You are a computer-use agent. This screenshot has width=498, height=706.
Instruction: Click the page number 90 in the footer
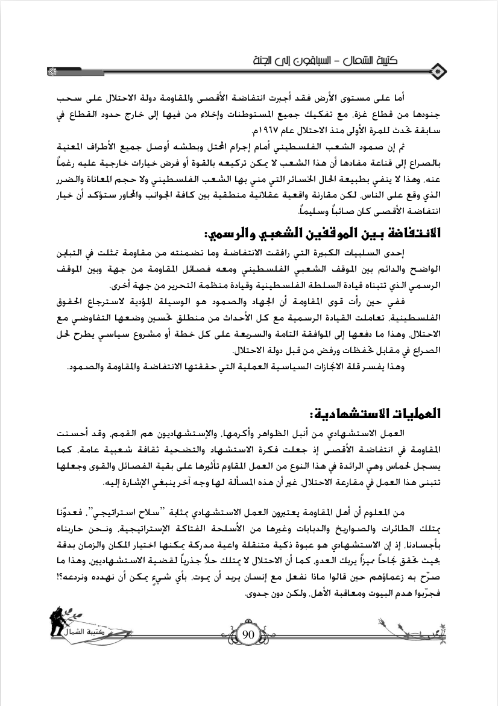coord(249,635)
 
